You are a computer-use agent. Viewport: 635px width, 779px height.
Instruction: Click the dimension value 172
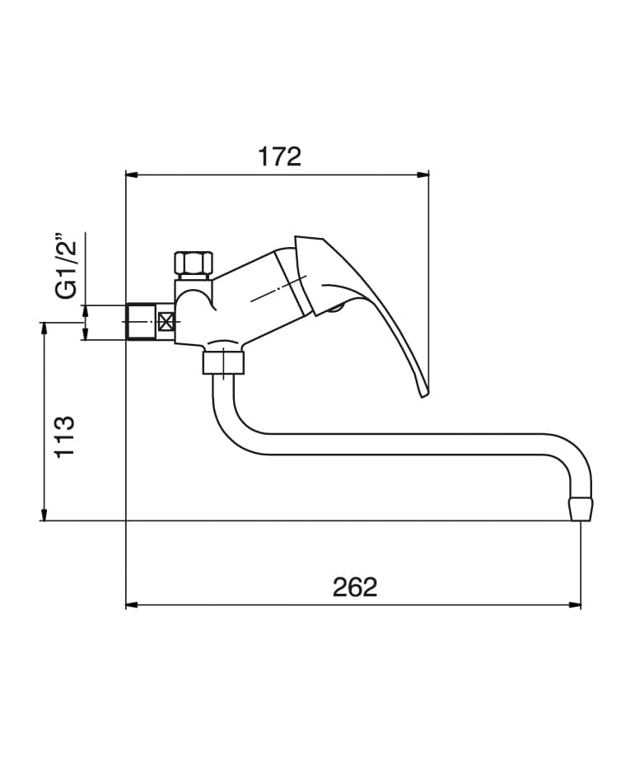point(280,156)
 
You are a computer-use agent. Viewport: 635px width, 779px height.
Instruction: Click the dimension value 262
point(355,587)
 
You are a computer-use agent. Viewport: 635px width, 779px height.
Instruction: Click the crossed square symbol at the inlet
point(166,322)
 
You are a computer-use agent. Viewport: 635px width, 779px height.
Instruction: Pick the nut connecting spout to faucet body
point(224,361)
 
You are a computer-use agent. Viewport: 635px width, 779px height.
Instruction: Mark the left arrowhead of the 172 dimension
point(130,175)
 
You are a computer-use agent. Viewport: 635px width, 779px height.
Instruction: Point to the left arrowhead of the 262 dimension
point(130,605)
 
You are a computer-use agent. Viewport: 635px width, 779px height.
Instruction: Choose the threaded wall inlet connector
point(141,322)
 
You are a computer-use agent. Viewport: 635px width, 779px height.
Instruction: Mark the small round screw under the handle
point(335,309)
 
